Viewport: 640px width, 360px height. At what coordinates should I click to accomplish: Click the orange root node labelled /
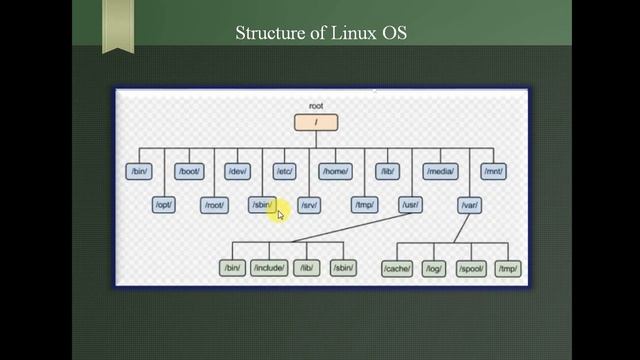point(316,123)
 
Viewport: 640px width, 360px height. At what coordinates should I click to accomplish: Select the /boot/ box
point(189,172)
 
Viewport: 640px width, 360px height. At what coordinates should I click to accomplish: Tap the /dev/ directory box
point(237,172)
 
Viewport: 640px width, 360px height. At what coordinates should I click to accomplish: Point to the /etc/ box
point(284,172)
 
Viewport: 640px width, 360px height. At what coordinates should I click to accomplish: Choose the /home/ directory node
point(335,172)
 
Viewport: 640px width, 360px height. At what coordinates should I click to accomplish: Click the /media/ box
point(440,172)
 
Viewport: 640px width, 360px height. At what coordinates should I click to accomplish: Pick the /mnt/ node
point(493,172)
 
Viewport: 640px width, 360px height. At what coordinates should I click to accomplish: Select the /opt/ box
point(164,205)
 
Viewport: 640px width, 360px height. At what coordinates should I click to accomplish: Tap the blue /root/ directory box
point(214,205)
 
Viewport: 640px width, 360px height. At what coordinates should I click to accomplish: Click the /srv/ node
point(310,205)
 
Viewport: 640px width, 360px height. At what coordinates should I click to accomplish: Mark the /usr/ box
point(409,205)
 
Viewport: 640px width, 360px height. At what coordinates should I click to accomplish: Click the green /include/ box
point(269,267)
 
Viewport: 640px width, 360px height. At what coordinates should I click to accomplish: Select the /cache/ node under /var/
point(397,268)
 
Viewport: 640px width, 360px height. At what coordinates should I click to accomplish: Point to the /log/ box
point(433,268)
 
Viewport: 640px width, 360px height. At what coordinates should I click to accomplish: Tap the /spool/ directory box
point(471,268)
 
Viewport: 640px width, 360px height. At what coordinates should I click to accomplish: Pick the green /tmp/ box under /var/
point(508,268)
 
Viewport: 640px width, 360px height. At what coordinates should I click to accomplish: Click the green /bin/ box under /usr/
point(232,267)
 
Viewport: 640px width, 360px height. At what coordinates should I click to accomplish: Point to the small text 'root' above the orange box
point(316,106)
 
